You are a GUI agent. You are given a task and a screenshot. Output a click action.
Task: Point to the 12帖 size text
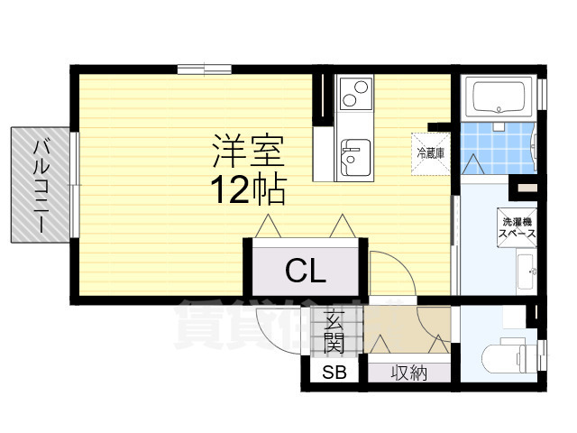248,189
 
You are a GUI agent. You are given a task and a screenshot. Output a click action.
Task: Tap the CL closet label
307,268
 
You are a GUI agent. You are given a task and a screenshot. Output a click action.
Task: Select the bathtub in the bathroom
500,95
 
